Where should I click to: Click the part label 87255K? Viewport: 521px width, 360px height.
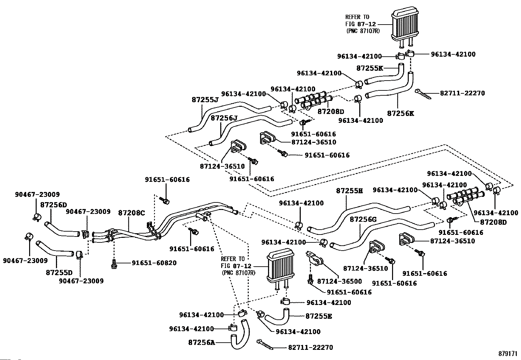[x=369, y=68]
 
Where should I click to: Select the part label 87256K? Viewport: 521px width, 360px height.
[x=400, y=113]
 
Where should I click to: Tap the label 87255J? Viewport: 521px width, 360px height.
[x=205, y=99]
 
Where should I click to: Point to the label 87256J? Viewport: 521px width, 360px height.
[x=224, y=118]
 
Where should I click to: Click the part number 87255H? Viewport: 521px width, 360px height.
[x=350, y=191]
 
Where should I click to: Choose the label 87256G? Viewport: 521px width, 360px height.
[x=363, y=219]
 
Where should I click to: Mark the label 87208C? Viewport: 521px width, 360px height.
[x=131, y=213]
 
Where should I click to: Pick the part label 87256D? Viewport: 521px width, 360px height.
[x=53, y=205]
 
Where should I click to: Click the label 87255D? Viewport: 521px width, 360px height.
[x=59, y=272]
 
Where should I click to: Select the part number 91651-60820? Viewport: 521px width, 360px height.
[x=154, y=263]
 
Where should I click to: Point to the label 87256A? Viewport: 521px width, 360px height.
[x=202, y=343]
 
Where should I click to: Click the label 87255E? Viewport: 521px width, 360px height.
[x=319, y=316]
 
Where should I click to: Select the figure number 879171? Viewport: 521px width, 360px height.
[x=508, y=354]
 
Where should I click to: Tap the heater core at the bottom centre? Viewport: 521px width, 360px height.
[x=280, y=267]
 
